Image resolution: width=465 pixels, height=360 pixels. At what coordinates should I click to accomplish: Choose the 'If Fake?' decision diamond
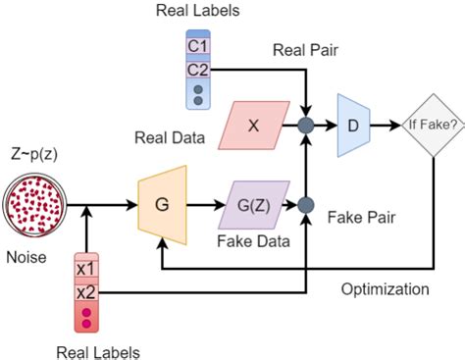coord(431,125)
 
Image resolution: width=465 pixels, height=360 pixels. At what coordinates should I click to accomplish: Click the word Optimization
coord(386,289)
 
